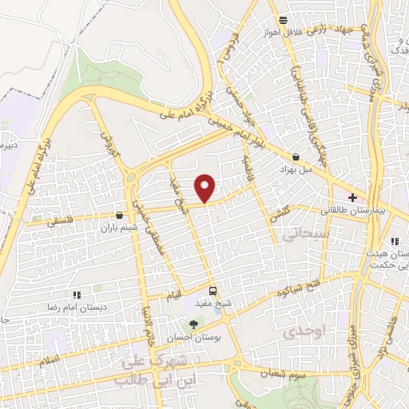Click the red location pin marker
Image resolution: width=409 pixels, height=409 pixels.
tap(206, 187)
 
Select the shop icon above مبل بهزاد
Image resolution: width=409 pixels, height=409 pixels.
tap(297, 157)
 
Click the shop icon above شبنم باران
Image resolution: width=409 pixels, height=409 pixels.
tap(120, 215)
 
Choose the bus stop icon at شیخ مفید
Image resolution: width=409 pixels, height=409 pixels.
tap(212, 291)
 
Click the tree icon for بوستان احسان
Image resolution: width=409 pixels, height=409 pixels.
tap(193, 324)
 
